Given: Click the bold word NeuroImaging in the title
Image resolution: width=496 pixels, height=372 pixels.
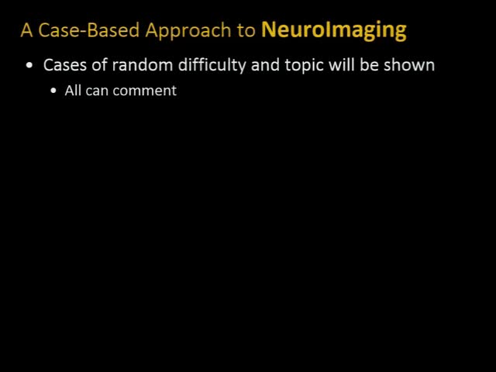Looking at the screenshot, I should [333, 30].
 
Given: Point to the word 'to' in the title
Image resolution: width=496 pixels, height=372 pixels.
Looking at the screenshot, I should [247, 31].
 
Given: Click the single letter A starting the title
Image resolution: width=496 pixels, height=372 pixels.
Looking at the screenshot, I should [26, 30].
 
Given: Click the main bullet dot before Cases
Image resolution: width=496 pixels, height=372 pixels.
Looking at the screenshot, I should [29, 66].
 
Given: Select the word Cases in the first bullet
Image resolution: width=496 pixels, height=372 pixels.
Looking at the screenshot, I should [65, 64].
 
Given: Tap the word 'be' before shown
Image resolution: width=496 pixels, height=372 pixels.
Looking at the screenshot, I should [370, 64].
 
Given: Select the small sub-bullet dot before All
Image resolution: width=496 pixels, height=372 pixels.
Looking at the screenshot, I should [53, 91].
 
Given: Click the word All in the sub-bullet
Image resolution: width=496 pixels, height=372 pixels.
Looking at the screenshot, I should [74, 91].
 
